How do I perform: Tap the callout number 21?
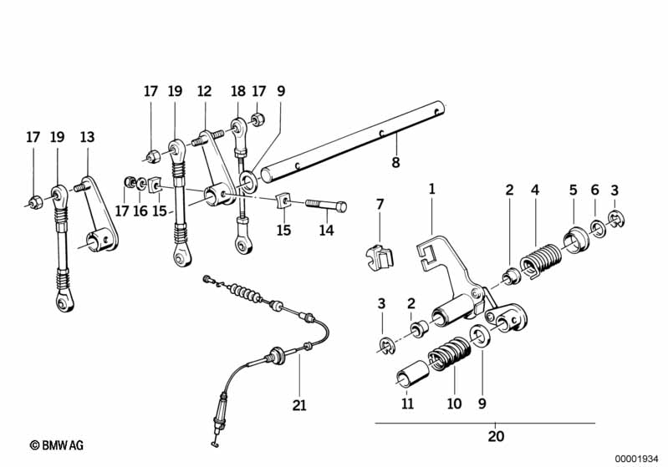299,406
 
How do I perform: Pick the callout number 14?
326,230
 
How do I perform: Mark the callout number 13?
88,138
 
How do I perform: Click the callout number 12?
205,92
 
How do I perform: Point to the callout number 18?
237,92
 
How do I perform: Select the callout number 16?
140,211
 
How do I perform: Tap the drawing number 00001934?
635,457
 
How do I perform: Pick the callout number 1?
432,190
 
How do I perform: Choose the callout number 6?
594,190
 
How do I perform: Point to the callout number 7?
379,204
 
